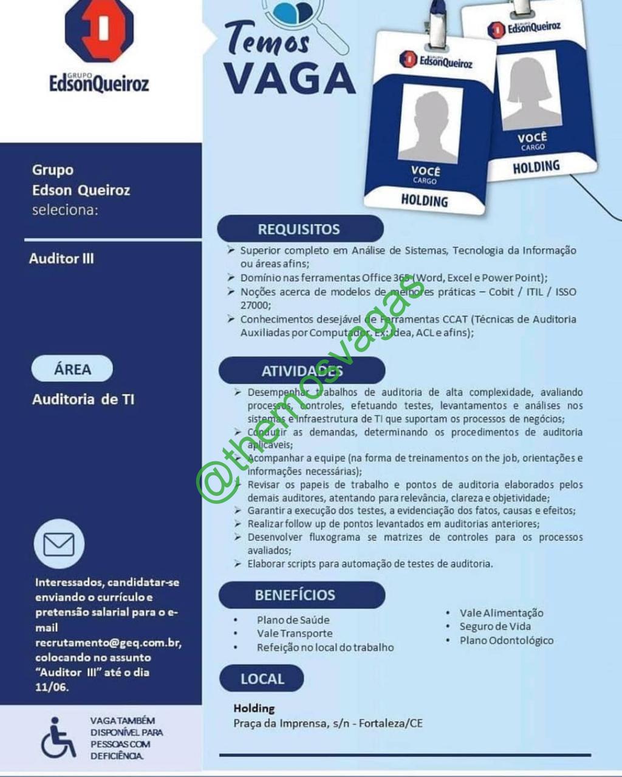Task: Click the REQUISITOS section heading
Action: [299, 229]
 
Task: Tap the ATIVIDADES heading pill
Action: [302, 371]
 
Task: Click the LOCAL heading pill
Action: [262, 679]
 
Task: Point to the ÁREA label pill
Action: [72, 369]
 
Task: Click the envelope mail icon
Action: [59, 544]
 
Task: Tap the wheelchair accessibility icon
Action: [58, 738]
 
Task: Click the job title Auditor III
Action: [61, 259]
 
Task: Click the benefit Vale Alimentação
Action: [501, 613]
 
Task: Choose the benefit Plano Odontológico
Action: [506, 640]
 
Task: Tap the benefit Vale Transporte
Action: [295, 633]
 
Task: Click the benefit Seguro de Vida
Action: [495, 626]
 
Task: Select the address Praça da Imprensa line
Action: [328, 723]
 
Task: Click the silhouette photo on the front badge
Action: [430, 125]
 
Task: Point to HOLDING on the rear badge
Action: [536, 167]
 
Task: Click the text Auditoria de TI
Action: [83, 399]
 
